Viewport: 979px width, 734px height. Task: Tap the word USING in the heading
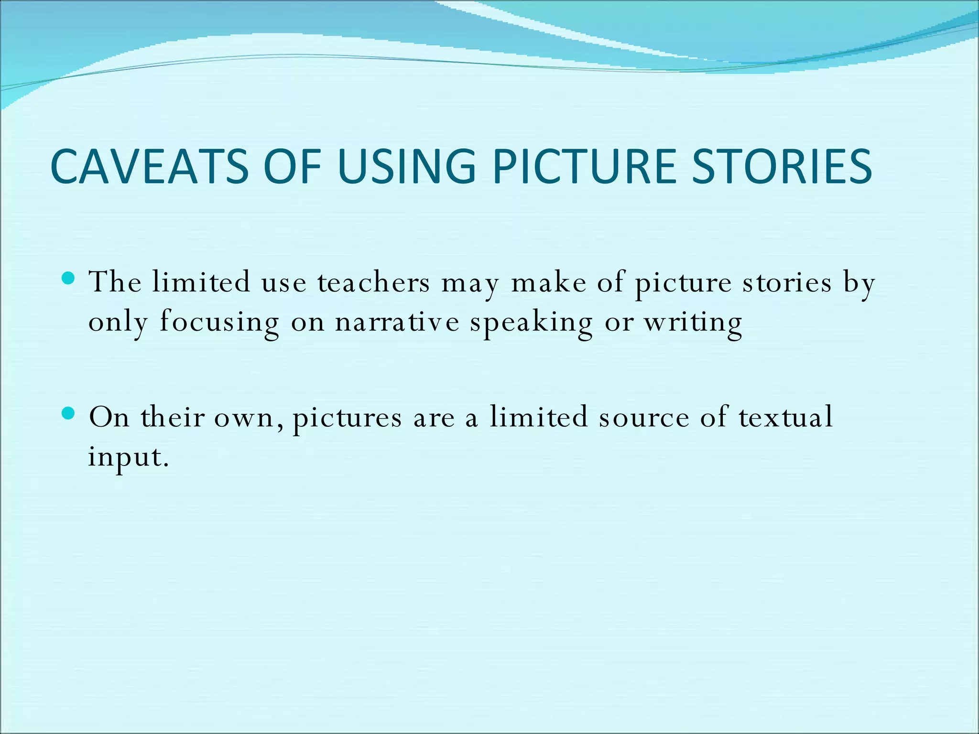point(407,166)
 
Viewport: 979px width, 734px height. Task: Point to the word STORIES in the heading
point(782,166)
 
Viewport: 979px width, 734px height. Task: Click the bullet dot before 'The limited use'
point(69,278)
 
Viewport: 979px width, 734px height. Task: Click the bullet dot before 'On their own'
point(69,413)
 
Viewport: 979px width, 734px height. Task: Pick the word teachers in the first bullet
point(374,282)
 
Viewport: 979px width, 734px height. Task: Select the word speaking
point(531,323)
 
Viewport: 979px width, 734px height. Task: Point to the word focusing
point(219,323)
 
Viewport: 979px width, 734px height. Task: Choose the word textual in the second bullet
point(785,417)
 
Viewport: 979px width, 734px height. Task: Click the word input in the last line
point(125,457)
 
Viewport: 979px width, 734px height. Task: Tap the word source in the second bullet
point(644,418)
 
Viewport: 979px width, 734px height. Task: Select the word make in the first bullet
point(548,282)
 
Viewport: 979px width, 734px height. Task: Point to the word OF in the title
point(292,166)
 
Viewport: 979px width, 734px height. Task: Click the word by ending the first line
point(859,283)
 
